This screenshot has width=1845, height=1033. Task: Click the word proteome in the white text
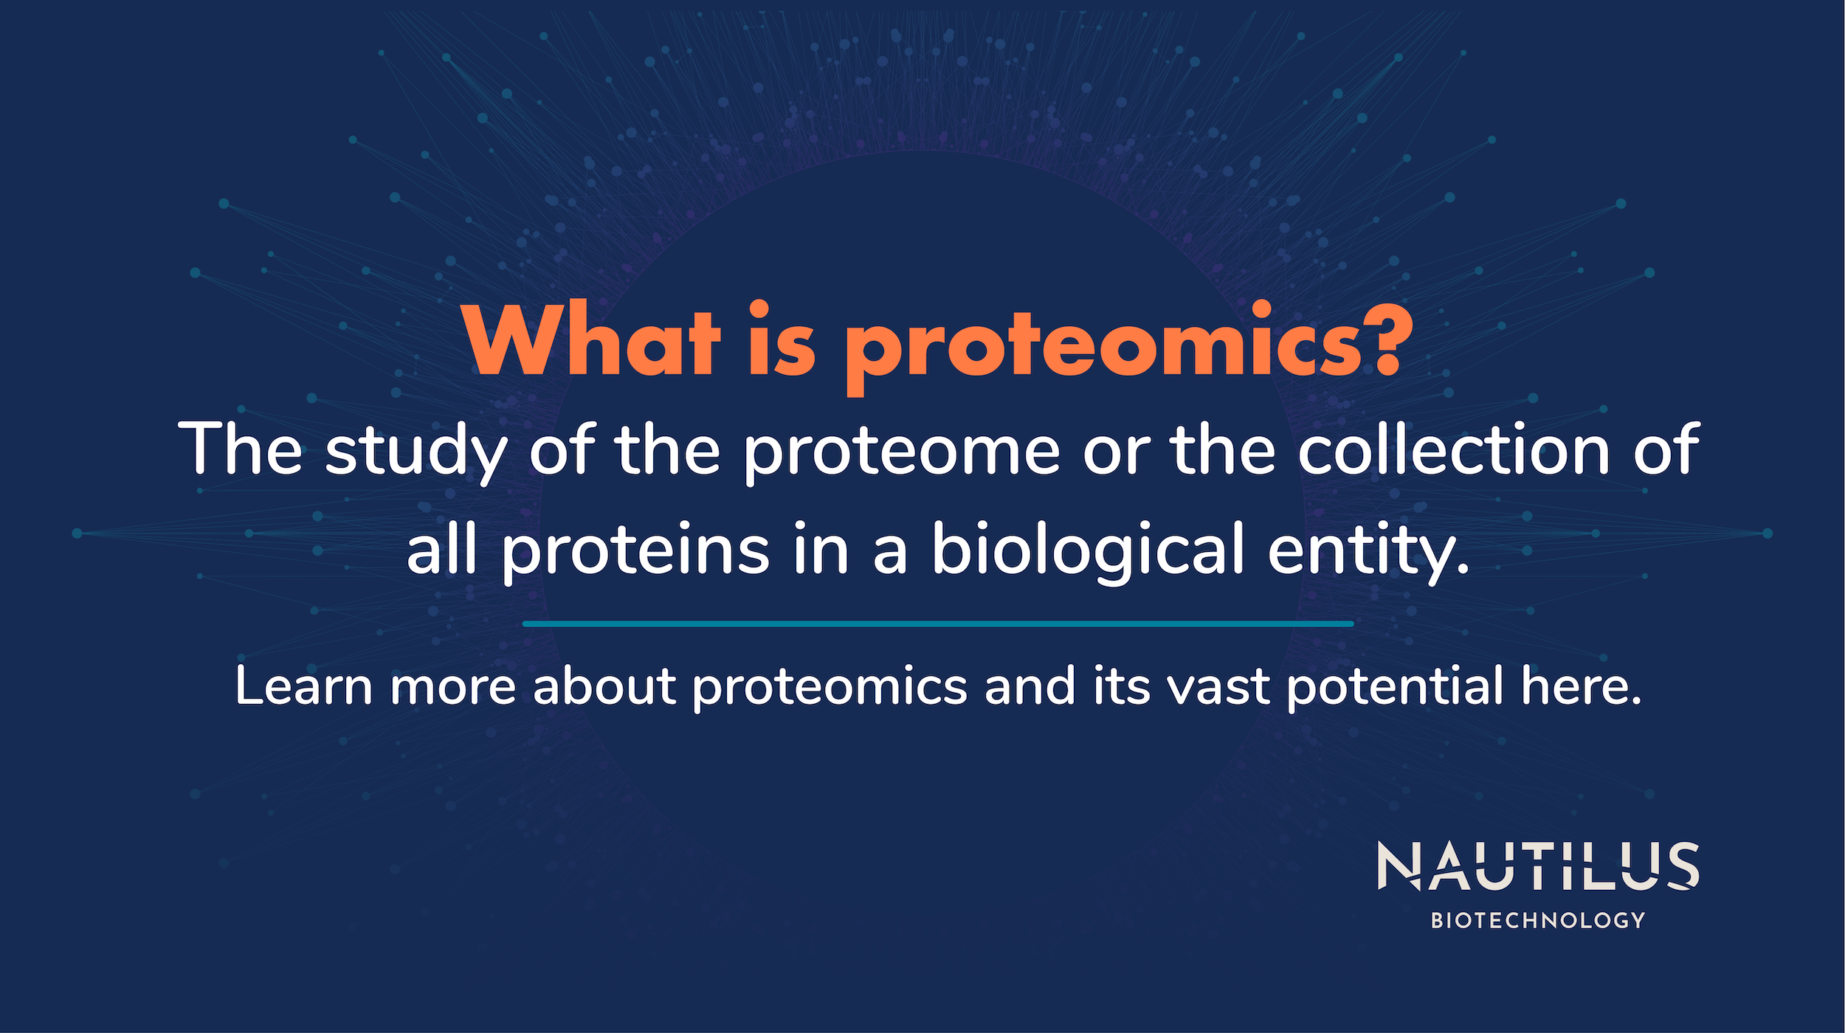[900, 452]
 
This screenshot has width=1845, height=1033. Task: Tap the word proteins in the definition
[635, 551]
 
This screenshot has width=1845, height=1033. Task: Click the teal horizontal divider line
[937, 623]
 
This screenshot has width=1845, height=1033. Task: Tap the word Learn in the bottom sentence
[303, 686]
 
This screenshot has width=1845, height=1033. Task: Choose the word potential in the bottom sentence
[1395, 686]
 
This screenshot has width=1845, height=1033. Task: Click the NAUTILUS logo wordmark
[1538, 866]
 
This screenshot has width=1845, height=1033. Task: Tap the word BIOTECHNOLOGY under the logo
[1538, 920]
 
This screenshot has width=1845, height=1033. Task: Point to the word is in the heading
[783, 342]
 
